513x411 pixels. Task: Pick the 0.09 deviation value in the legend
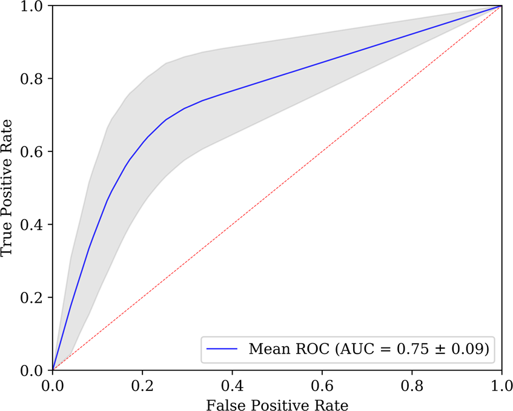point(467,349)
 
